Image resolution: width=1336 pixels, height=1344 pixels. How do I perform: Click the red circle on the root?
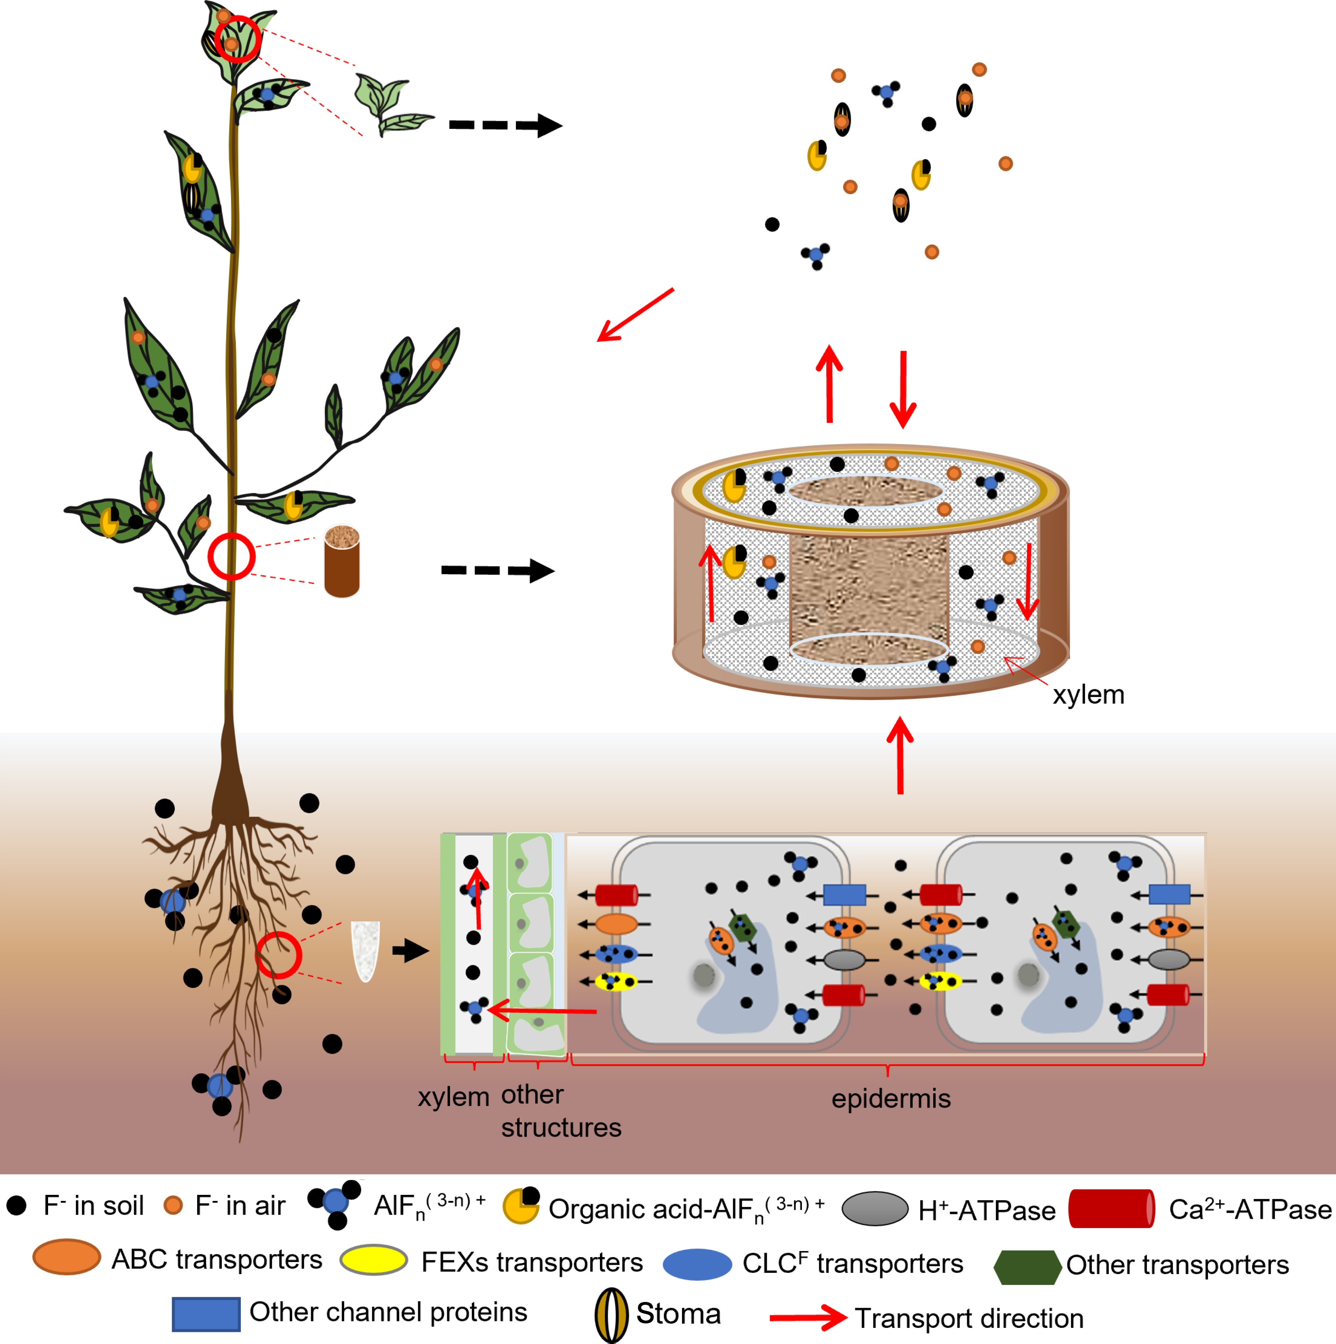pyautogui.click(x=278, y=955)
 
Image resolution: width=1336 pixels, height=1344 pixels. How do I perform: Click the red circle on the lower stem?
pyautogui.click(x=231, y=556)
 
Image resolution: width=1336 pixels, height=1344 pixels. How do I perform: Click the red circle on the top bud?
pyautogui.click(x=237, y=39)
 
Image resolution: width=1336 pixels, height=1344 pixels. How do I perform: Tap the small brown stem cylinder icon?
pyautogui.click(x=341, y=561)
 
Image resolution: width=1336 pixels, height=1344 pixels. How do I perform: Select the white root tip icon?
pyautogui.click(x=365, y=950)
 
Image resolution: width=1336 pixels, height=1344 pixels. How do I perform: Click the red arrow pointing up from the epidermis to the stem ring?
pyautogui.click(x=900, y=756)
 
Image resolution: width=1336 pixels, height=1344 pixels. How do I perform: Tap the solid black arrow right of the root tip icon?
pyautogui.click(x=410, y=950)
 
